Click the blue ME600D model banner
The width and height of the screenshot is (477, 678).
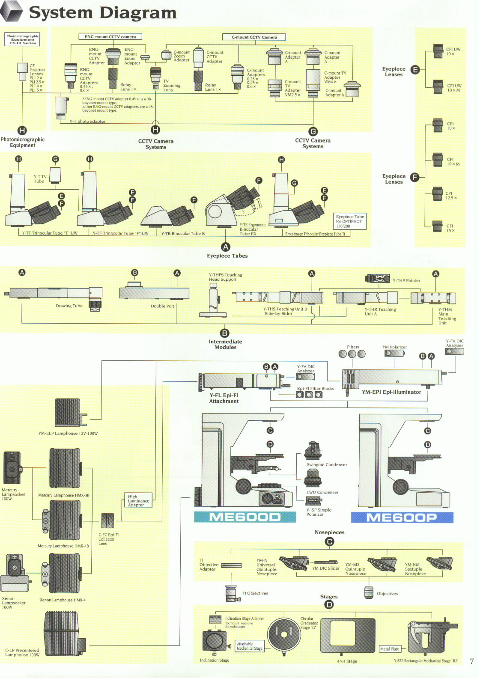[244, 517]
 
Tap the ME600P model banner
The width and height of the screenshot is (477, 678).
[402, 517]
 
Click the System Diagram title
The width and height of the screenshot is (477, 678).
[103, 13]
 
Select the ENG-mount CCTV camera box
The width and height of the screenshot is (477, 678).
[110, 37]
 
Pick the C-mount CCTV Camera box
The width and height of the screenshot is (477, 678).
[254, 37]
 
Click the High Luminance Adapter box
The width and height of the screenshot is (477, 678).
[138, 501]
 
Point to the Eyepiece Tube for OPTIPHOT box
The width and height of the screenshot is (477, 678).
[350, 221]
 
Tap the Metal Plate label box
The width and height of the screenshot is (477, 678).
[390, 649]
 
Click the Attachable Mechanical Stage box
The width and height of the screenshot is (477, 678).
[250, 646]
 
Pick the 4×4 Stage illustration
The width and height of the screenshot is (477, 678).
[348, 636]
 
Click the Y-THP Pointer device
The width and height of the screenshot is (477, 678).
[377, 279]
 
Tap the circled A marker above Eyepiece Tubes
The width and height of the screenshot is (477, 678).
[225, 247]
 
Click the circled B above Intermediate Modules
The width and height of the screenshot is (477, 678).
[224, 333]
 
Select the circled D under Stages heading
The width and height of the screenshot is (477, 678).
[329, 604]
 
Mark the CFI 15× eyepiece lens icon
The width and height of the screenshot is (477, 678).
[437, 226]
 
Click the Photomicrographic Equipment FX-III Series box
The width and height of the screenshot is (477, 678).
[22, 39]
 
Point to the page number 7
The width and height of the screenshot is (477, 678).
[471, 661]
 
